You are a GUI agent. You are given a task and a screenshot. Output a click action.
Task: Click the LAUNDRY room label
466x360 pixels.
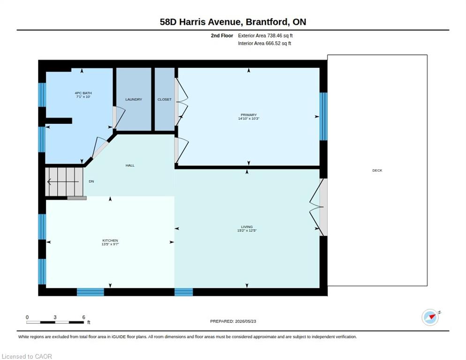pos(134,99)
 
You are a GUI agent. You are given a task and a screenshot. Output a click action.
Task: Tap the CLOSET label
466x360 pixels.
pos(165,99)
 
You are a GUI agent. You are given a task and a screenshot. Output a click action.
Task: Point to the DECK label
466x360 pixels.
pos(377,170)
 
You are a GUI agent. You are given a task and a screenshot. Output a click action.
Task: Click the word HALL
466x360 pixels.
pos(130,165)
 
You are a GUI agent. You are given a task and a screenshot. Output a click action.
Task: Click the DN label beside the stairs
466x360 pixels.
pos(91,181)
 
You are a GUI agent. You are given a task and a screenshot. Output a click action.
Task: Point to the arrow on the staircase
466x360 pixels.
pos(63,181)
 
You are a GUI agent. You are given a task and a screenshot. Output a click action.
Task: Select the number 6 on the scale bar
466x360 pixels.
pos(84,317)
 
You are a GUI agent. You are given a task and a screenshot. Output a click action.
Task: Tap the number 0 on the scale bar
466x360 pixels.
pos(27,317)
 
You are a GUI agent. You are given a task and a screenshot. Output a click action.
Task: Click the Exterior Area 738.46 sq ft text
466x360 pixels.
pos(265,36)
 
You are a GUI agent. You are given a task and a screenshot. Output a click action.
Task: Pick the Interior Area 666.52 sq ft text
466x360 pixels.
pos(264,44)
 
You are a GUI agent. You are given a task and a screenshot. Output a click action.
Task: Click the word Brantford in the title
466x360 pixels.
pos(267,22)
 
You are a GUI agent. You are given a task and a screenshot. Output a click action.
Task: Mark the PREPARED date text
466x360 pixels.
pos(233,321)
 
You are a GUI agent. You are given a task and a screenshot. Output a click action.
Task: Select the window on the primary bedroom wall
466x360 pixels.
pos(323,116)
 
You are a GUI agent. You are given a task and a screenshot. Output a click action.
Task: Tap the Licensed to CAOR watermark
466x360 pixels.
pos(27,356)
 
